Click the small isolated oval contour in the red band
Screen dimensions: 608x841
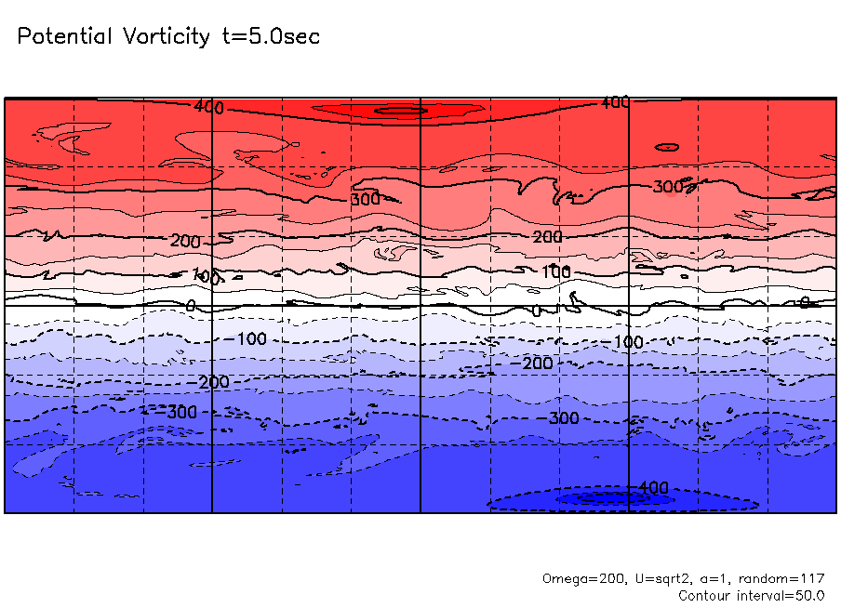tap(666, 147)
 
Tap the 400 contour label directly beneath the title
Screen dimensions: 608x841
tap(208, 107)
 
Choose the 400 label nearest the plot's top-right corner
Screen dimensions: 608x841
tap(614, 102)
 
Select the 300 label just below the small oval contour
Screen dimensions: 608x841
tap(668, 187)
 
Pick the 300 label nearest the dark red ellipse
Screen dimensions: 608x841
tap(365, 199)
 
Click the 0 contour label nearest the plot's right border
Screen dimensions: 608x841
tap(804, 302)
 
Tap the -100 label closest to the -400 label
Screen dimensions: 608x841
tap(626, 343)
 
